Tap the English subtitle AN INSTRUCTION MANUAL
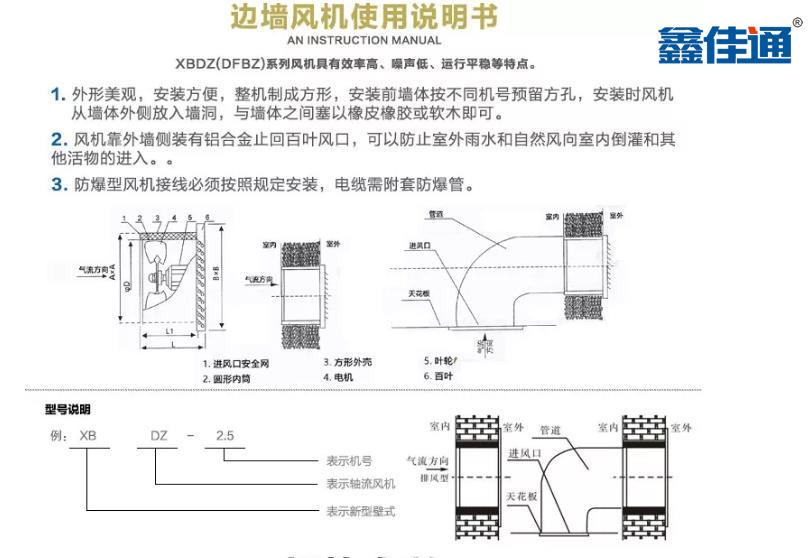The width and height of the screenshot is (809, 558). [364, 40]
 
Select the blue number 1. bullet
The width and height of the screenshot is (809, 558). [58, 95]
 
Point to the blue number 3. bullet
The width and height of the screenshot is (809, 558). [58, 184]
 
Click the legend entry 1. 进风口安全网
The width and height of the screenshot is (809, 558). [239, 364]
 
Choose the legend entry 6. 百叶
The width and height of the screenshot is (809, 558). [439, 376]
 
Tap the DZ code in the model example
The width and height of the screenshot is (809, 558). [158, 436]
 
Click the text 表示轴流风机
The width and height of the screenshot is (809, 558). [361, 484]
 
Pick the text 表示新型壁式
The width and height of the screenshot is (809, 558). [361, 511]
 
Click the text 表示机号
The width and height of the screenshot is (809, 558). [349, 461]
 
